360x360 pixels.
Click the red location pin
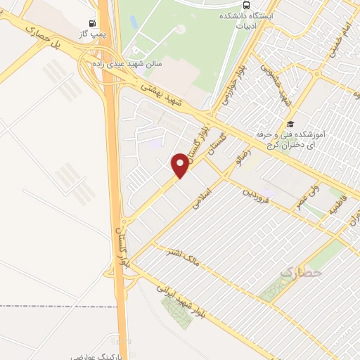click(x=180, y=165)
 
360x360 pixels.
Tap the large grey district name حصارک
click(x=301, y=270)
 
